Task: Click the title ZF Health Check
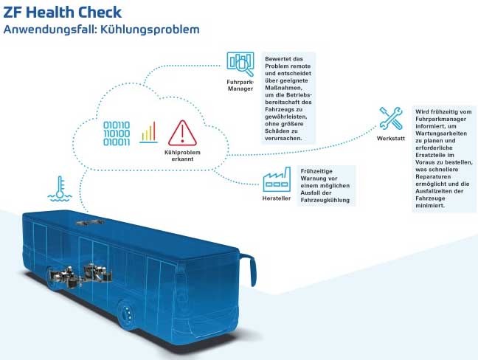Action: (x=63, y=13)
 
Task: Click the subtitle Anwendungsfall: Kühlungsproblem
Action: (x=100, y=30)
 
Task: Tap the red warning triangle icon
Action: (x=181, y=133)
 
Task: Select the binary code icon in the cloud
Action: (x=116, y=133)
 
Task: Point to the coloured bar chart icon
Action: (x=149, y=132)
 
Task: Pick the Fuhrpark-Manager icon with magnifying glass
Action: (x=240, y=63)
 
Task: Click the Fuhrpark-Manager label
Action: (x=240, y=85)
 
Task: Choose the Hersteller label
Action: (x=277, y=198)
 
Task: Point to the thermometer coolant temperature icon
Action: (x=57, y=189)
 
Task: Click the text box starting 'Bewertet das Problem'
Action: (x=289, y=97)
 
